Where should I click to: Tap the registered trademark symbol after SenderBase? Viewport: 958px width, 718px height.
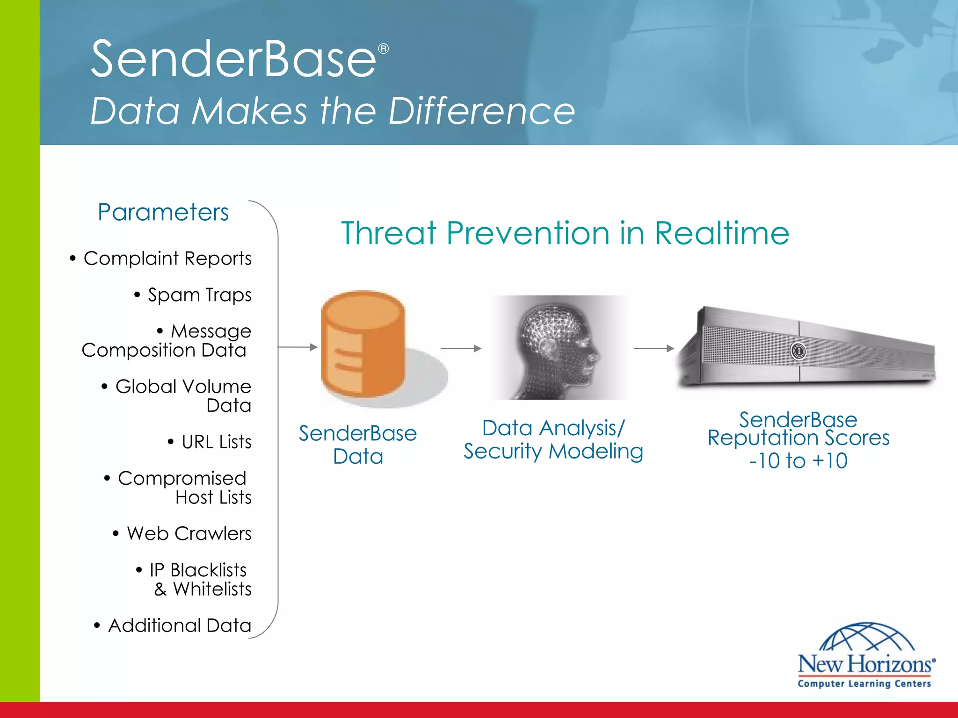[x=383, y=49]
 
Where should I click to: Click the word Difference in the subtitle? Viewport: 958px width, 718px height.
[x=481, y=111]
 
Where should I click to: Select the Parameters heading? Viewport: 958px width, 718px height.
[x=163, y=212]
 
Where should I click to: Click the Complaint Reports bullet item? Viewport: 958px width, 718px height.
[x=167, y=258]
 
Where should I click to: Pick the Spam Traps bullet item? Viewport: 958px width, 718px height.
[x=199, y=295]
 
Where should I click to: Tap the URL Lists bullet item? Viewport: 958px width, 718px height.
[x=216, y=442]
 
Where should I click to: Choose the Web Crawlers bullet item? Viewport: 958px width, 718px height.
[x=189, y=533]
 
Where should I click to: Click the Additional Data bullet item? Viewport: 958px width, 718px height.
[x=180, y=625]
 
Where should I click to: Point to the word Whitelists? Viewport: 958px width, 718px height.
[x=212, y=589]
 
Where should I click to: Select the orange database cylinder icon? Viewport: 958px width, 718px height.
[x=363, y=345]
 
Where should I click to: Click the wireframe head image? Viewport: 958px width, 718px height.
[x=558, y=347]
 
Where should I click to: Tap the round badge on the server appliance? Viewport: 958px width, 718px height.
[x=798, y=351]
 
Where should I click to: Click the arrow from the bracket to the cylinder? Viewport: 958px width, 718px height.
[x=298, y=347]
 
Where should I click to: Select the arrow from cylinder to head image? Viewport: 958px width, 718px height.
[x=461, y=348]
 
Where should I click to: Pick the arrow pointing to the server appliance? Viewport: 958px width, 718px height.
[x=653, y=348]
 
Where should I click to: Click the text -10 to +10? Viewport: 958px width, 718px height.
[x=798, y=461]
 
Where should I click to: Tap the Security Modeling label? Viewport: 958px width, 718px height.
[x=553, y=452]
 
